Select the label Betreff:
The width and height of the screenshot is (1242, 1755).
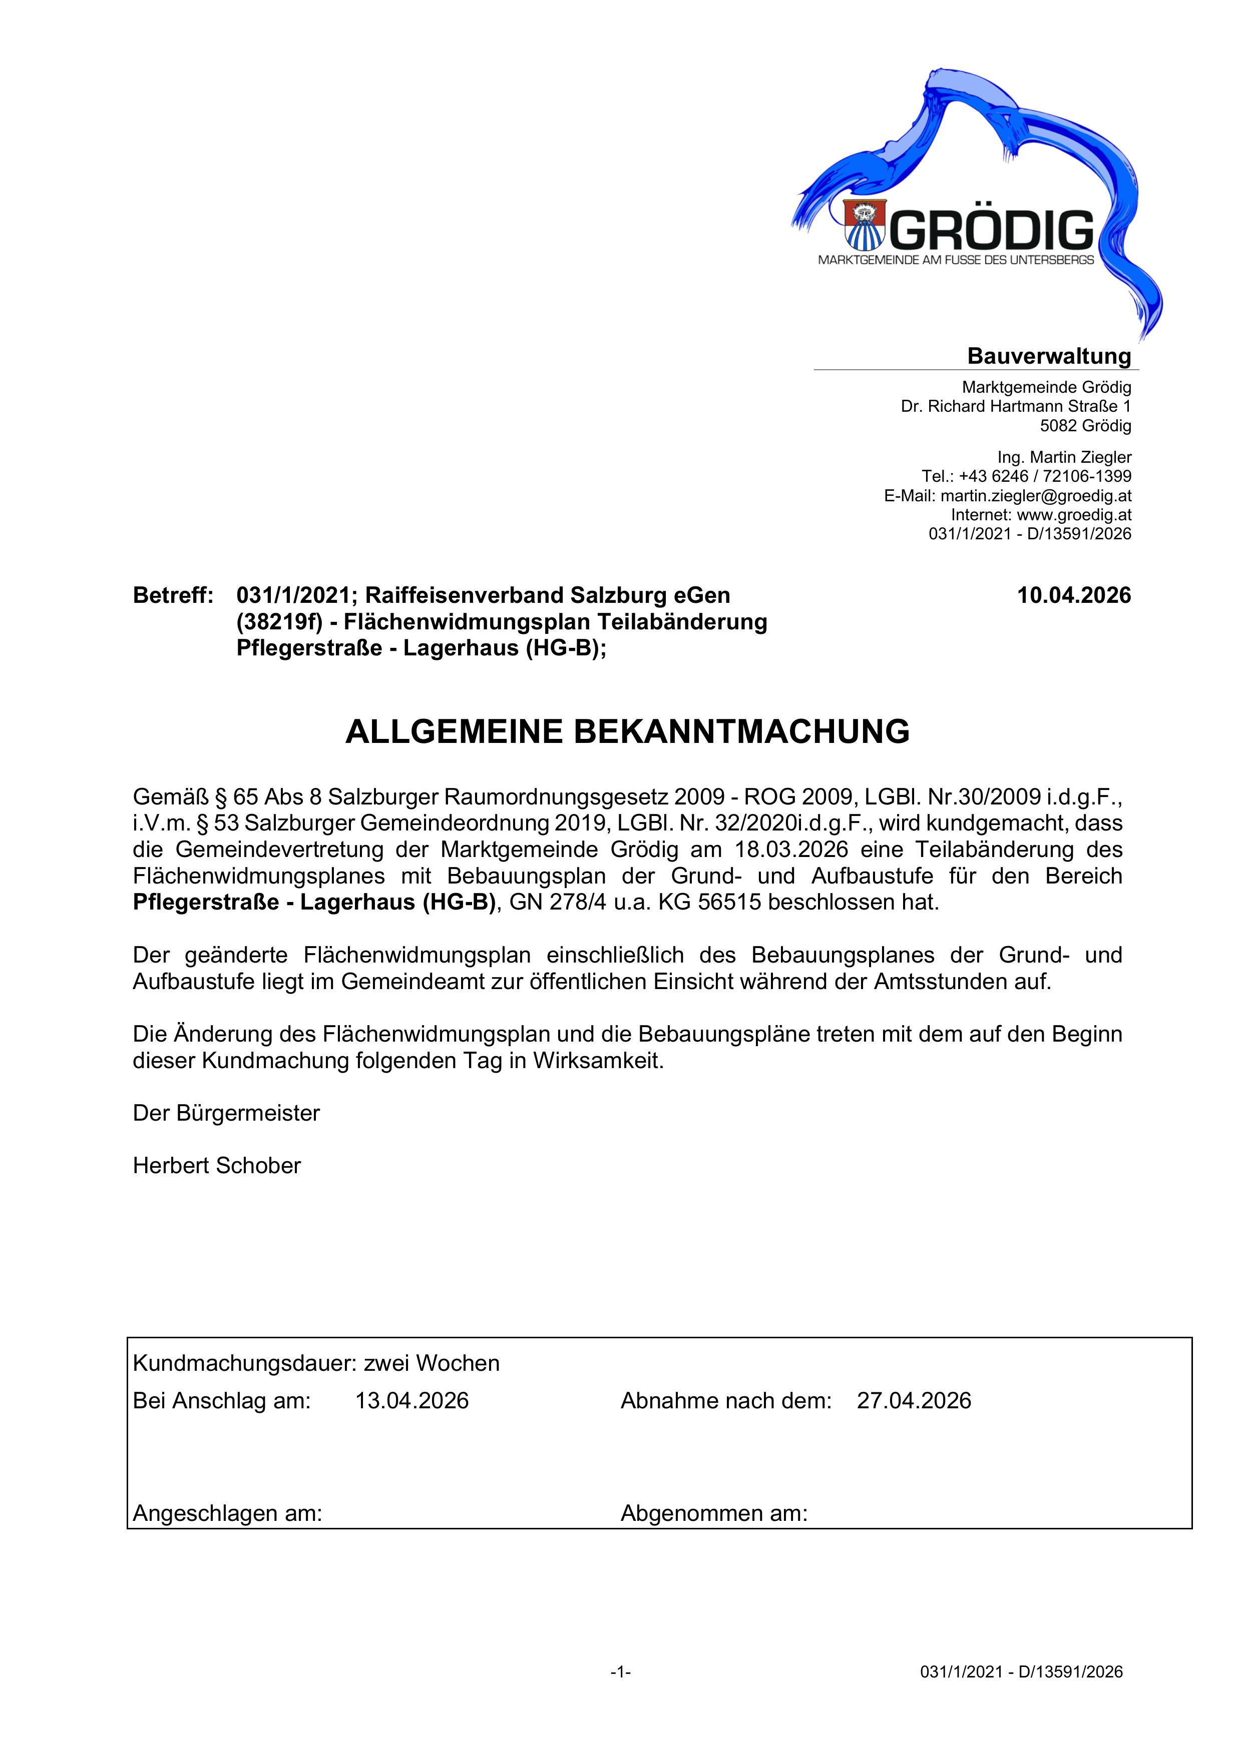coord(173,595)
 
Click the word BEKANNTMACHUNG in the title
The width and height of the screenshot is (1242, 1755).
coord(741,731)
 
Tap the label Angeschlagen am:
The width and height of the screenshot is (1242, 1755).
coord(227,1513)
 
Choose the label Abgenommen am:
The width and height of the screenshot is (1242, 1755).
coord(713,1513)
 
